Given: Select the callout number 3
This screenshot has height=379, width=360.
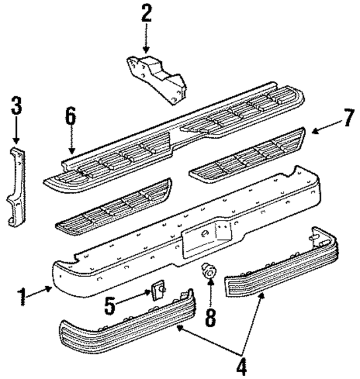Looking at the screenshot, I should (x=16, y=107).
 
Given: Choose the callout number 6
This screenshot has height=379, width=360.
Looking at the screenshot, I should (x=70, y=119).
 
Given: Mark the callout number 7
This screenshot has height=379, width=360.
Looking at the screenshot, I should (x=348, y=118).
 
